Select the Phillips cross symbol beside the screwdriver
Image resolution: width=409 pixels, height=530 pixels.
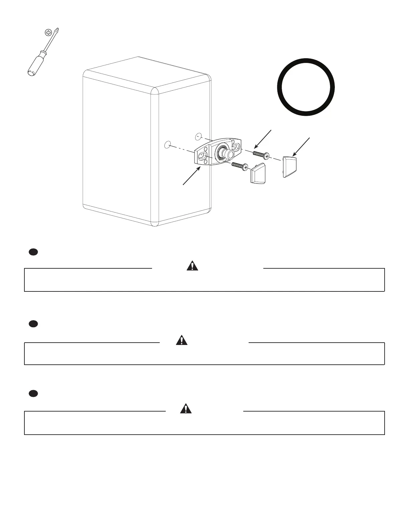(49, 33)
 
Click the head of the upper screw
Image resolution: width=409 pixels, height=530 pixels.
(266, 156)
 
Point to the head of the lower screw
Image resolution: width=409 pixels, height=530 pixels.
(245, 166)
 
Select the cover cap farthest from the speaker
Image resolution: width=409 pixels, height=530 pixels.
(290, 166)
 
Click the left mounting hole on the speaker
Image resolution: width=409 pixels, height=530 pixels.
(168, 145)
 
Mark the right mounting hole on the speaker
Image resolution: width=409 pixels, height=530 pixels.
(198, 137)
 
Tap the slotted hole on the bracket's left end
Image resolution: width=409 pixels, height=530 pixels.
(202, 156)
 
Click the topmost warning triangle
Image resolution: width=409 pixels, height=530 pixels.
(192, 266)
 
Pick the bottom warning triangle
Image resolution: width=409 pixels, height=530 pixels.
(186, 409)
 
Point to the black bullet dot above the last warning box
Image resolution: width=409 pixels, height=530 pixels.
(32, 393)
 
